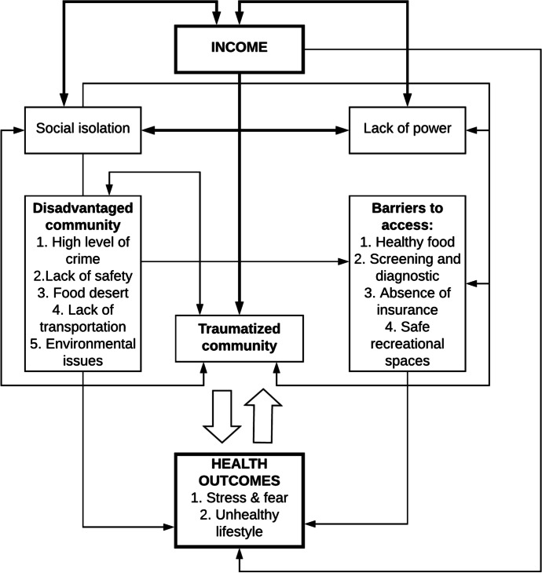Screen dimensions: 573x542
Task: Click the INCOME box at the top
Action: tap(239, 48)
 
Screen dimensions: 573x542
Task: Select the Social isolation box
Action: tap(82, 128)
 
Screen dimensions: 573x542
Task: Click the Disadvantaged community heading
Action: tap(82, 216)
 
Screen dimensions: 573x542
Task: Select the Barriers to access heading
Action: tap(408, 216)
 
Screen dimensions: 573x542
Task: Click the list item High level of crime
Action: tap(82, 250)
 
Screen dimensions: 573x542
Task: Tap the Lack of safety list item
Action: tap(82, 276)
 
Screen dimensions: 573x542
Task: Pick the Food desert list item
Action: tap(82, 292)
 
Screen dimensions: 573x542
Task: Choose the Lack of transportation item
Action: tap(82, 318)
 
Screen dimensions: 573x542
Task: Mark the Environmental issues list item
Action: tap(82, 352)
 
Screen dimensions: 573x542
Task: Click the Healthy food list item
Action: tap(408, 242)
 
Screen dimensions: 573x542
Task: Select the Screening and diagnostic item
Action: tap(408, 267)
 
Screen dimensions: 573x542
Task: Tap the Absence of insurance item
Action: tap(408, 301)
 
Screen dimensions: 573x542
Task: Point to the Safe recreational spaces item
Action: tap(408, 344)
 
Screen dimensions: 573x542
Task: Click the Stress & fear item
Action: tap(239, 498)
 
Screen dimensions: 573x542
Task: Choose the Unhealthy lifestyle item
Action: tap(239, 524)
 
